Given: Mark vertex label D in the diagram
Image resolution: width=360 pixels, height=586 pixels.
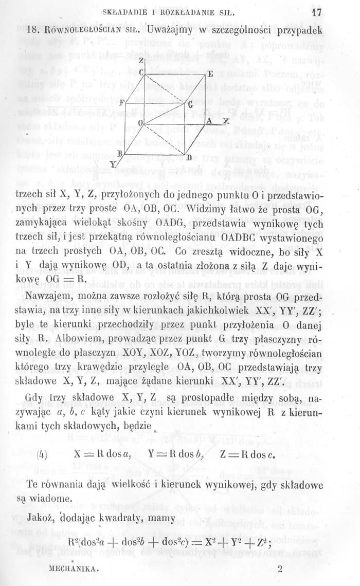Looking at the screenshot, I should [x=188, y=156].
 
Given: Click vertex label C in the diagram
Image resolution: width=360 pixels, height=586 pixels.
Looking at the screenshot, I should [x=140, y=72].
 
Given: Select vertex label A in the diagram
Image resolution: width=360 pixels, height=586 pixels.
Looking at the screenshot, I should [x=209, y=120].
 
